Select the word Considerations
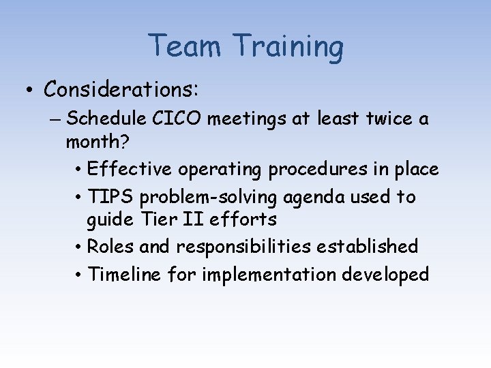tap(121, 89)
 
